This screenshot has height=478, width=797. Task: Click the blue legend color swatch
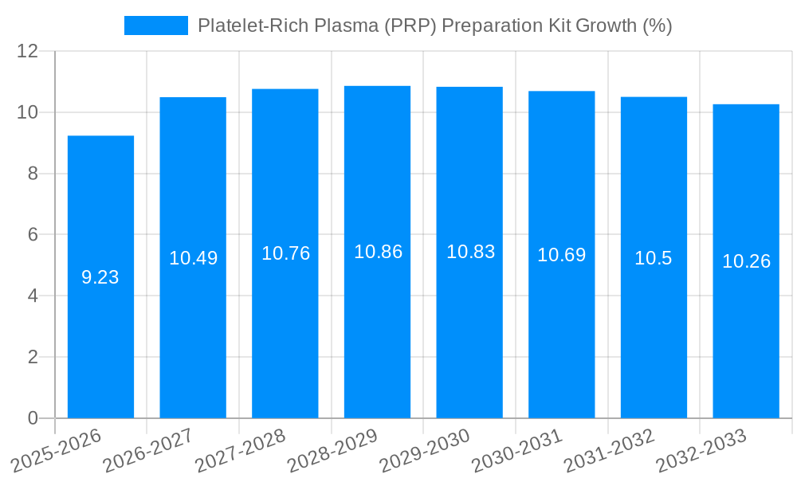(155, 25)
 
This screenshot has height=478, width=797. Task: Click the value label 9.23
(100, 277)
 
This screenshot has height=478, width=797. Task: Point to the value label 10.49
(193, 258)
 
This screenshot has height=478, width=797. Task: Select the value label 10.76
(285, 253)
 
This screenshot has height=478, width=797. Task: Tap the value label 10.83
(470, 252)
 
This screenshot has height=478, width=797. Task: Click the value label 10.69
(561, 255)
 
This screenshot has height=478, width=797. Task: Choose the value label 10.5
(654, 258)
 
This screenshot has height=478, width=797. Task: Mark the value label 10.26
(746, 261)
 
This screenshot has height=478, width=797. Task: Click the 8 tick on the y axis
(33, 174)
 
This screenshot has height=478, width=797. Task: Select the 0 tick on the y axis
(33, 418)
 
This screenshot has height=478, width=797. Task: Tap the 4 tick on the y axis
(33, 296)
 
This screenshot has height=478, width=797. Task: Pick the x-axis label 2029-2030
(425, 451)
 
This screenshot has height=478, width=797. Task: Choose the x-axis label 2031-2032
(610, 451)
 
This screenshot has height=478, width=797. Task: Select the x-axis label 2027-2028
(241, 451)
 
